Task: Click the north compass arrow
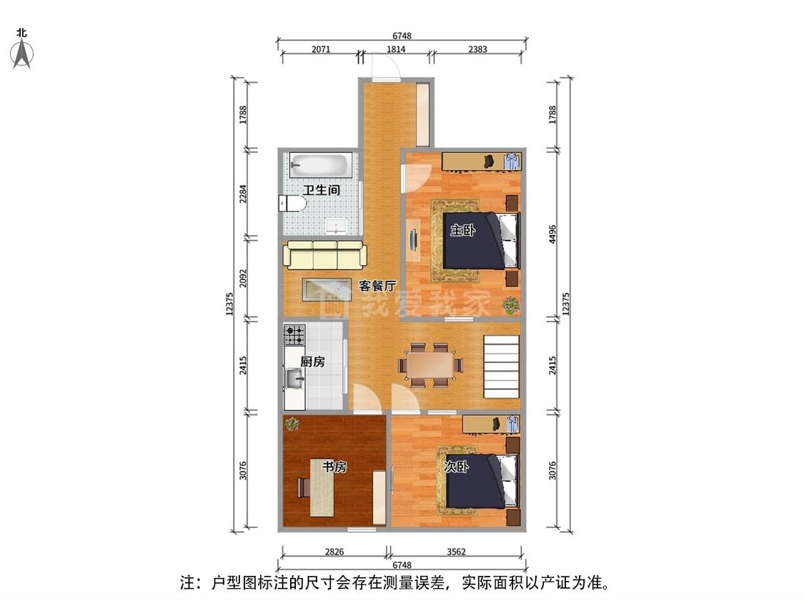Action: tap(22, 54)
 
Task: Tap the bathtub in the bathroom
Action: tap(320, 164)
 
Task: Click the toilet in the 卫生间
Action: tap(292, 204)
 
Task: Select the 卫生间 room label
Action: tap(322, 190)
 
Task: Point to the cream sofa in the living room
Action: tap(325, 255)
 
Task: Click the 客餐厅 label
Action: tap(377, 286)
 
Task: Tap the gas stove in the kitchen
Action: tap(294, 335)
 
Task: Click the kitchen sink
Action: tap(294, 379)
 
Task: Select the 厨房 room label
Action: tap(312, 362)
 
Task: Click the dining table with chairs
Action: tap(431, 365)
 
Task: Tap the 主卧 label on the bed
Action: tap(462, 230)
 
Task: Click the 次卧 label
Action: tap(456, 467)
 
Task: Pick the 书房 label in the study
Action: tap(334, 467)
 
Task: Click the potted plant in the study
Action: tap(292, 424)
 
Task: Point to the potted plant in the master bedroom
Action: tap(511, 306)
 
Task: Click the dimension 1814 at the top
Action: tap(396, 49)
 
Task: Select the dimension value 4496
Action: tap(552, 234)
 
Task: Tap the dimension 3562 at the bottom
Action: tap(456, 552)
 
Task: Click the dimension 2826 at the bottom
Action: tap(334, 552)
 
